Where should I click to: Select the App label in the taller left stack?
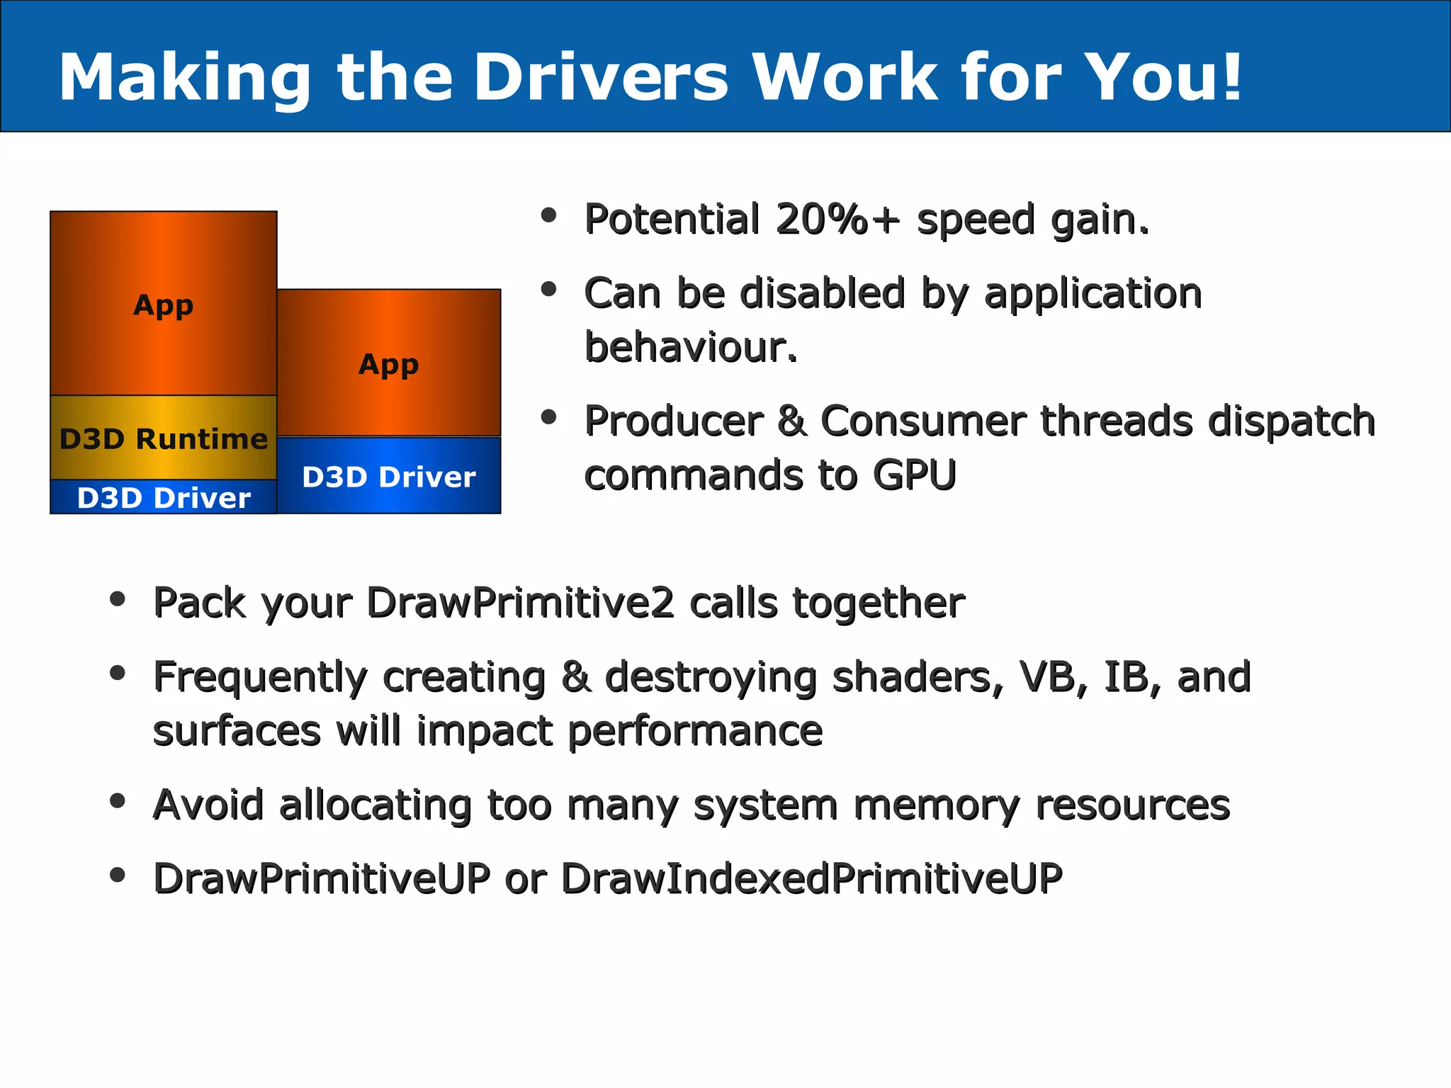pyautogui.click(x=163, y=305)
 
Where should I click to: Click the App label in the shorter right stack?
pyautogui.click(x=388, y=364)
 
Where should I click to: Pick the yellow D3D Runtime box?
pyautogui.click(x=163, y=438)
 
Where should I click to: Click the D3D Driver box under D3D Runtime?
pyautogui.click(x=163, y=497)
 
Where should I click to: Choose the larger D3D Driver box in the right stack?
pyautogui.click(x=388, y=476)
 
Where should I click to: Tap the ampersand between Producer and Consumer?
pyautogui.click(x=791, y=421)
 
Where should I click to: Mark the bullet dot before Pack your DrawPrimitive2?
pyautogui.click(x=118, y=600)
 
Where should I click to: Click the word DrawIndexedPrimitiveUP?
pyautogui.click(x=811, y=879)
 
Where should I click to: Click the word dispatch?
pyautogui.click(x=1291, y=421)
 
